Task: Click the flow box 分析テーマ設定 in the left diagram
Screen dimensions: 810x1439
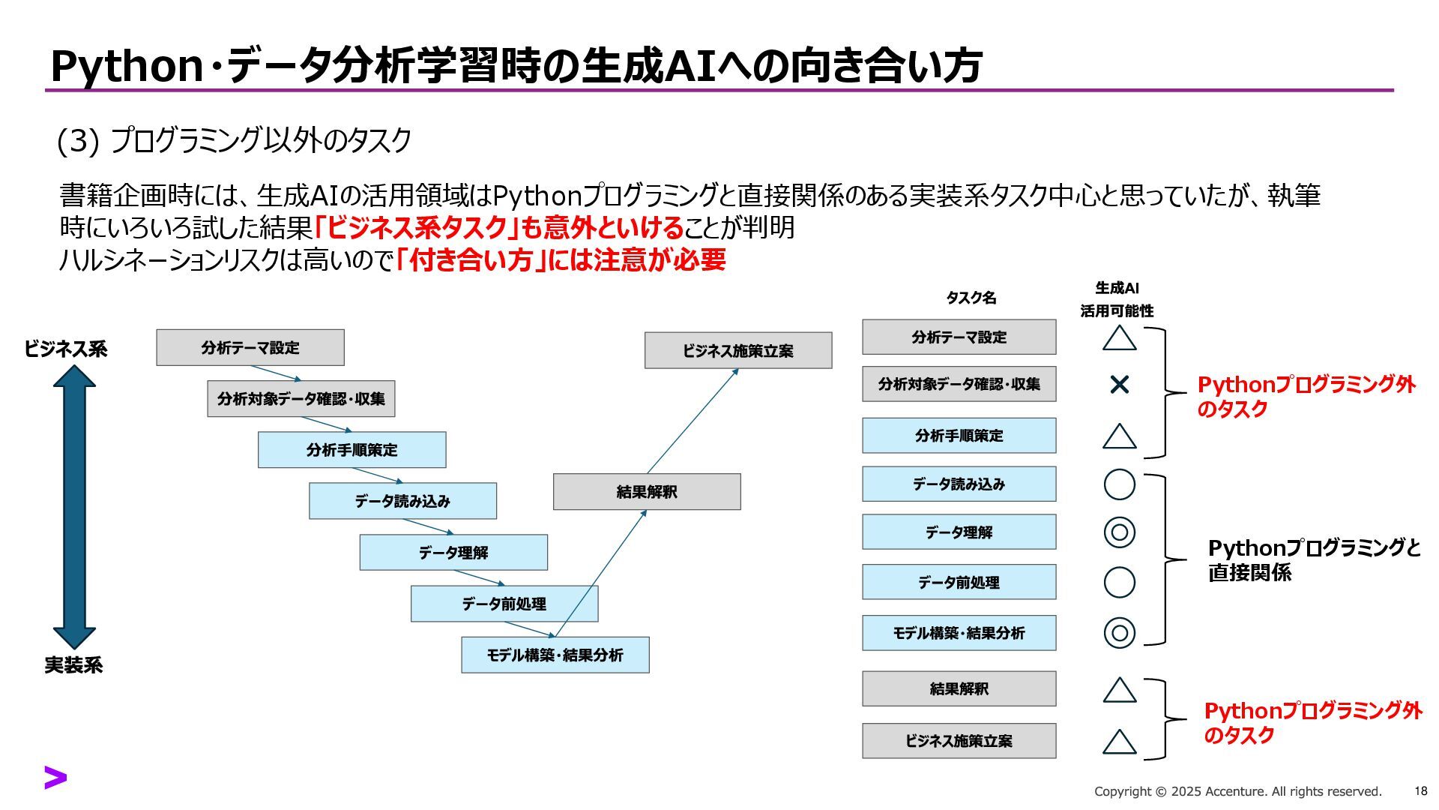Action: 250,347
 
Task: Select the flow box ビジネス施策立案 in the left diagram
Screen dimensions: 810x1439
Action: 738,350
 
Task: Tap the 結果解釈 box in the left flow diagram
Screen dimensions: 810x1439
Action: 647,492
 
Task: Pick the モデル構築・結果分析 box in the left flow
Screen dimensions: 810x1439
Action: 555,655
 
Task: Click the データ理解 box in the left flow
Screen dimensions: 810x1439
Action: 453,553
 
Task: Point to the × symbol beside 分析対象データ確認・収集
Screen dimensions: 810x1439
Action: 1119,385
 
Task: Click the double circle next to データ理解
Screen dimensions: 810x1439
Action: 1119,532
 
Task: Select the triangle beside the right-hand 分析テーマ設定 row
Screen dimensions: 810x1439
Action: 1119,338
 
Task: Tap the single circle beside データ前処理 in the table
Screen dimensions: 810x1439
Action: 1119,582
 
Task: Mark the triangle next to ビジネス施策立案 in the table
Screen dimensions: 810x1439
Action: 1119,742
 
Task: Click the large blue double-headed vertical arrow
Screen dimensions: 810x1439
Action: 74,506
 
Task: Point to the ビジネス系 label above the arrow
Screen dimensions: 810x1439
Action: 66,349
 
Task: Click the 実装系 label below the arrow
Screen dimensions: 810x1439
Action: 73,665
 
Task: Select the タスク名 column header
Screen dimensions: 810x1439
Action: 971,298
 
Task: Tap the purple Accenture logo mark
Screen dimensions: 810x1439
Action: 55,778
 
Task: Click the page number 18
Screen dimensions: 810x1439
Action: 1420,790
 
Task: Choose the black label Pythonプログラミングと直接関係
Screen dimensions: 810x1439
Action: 1314,559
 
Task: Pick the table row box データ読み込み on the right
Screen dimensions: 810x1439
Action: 959,484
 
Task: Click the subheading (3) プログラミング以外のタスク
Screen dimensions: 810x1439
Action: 235,141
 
